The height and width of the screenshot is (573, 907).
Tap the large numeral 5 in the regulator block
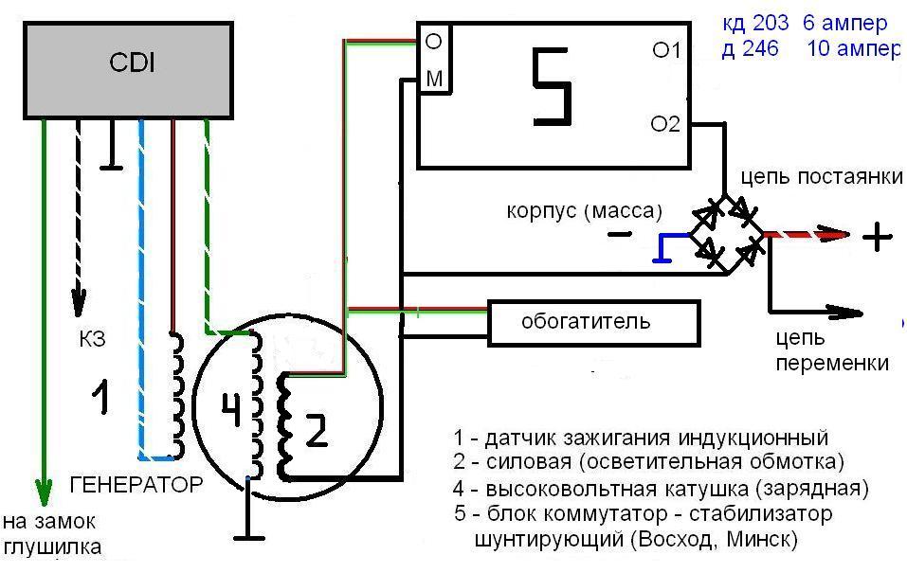point(553,88)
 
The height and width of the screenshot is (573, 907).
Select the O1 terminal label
point(666,50)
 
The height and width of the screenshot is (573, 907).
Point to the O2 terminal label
point(666,123)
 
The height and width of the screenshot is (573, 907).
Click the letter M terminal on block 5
point(434,80)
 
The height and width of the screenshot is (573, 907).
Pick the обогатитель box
point(594,321)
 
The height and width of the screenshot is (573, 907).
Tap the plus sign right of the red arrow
point(877,236)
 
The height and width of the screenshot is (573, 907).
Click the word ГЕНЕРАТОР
point(136,485)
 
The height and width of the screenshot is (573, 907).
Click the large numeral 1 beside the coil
point(100,396)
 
